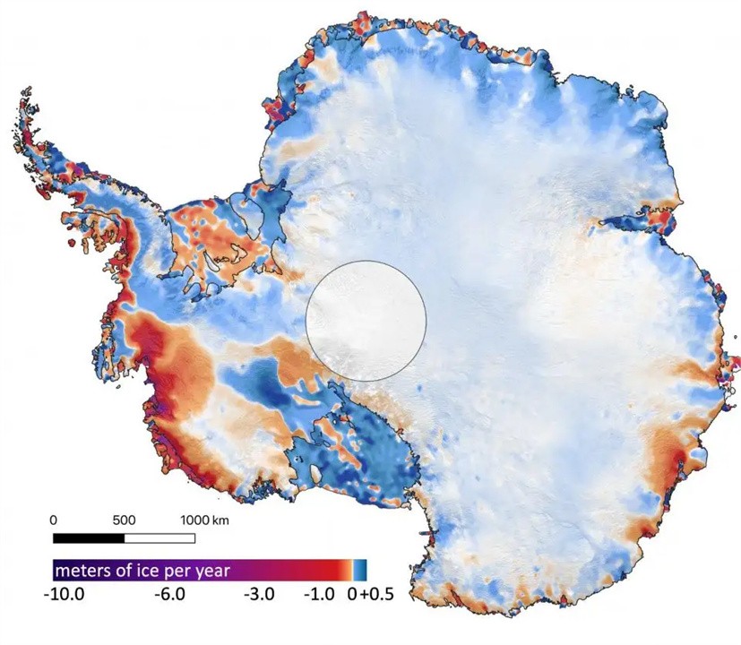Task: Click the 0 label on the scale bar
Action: coord(54,520)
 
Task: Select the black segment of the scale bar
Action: coord(89,537)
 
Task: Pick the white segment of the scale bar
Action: coord(159,537)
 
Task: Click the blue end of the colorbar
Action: coord(360,570)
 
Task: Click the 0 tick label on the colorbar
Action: coord(352,593)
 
